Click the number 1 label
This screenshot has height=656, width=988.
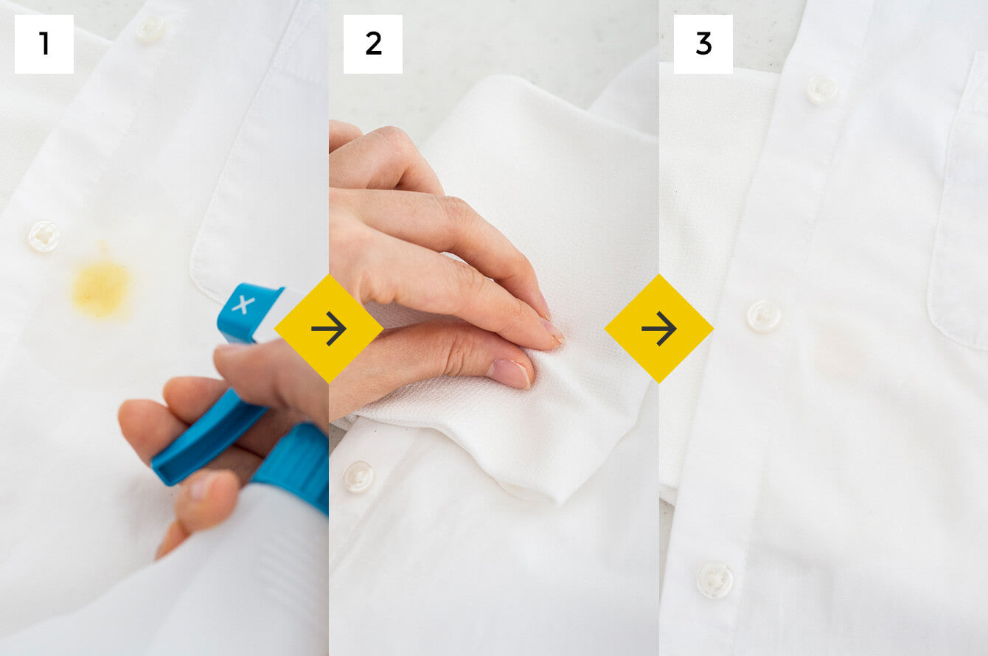pyautogui.click(x=44, y=43)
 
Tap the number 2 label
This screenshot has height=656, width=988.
pyautogui.click(x=373, y=43)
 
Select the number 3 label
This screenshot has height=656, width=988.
pyautogui.click(x=703, y=43)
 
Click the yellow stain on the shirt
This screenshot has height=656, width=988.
pyautogui.click(x=102, y=287)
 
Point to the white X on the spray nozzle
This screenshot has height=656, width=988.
pyautogui.click(x=243, y=304)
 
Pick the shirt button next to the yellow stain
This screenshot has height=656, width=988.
pyautogui.click(x=44, y=236)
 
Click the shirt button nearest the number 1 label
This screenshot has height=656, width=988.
pyautogui.click(x=150, y=28)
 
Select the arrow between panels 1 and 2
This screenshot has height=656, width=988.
pyautogui.click(x=329, y=329)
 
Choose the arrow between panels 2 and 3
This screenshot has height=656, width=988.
pyautogui.click(x=659, y=329)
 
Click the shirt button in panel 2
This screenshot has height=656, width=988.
pyautogui.click(x=358, y=476)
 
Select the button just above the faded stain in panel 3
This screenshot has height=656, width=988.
pyautogui.click(x=764, y=316)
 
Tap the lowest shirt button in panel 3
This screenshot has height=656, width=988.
pyautogui.click(x=715, y=579)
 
